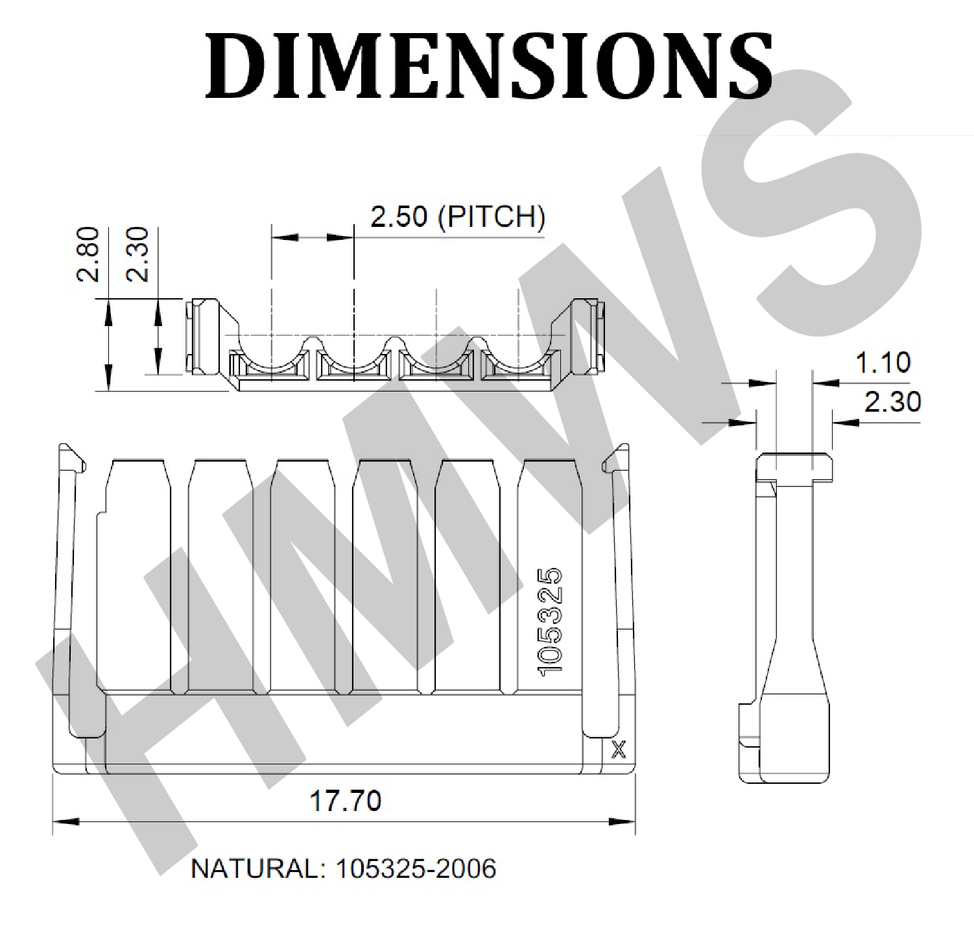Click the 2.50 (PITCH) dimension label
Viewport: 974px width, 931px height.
(x=458, y=217)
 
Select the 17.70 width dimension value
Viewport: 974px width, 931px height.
(x=345, y=801)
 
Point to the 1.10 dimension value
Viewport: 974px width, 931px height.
(x=883, y=362)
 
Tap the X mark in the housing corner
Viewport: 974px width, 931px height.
(x=619, y=751)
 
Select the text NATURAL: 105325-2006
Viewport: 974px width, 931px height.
(x=344, y=868)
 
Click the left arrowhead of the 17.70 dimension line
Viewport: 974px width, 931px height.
(x=65, y=821)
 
